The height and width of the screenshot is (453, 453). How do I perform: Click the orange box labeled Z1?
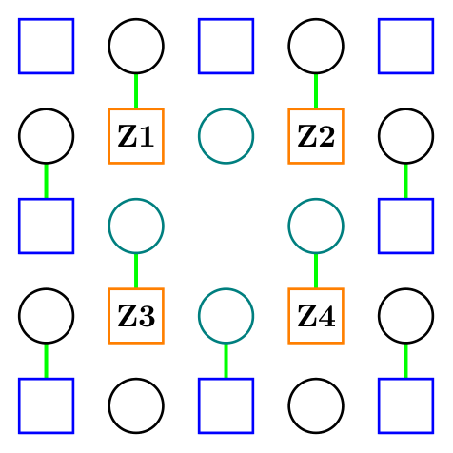tap(136, 136)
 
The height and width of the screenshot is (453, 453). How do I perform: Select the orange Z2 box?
tap(316, 136)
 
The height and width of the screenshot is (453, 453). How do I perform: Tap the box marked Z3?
tap(136, 315)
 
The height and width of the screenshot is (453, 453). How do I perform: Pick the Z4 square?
tap(316, 315)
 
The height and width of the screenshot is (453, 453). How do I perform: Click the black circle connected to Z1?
tap(136, 46)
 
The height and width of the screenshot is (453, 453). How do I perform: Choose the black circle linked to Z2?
tap(316, 46)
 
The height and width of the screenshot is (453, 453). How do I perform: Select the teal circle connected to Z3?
tap(136, 226)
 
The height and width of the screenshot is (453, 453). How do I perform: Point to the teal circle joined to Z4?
tap(316, 226)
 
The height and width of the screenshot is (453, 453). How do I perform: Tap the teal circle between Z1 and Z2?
tap(226, 136)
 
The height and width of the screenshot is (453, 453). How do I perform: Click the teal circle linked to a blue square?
tap(226, 315)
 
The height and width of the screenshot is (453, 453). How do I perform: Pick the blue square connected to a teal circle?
tap(226, 405)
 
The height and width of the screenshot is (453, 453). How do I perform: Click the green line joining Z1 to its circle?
tap(136, 90)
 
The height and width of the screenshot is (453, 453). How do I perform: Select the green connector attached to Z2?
tap(316, 90)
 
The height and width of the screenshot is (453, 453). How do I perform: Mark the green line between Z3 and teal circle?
tap(136, 270)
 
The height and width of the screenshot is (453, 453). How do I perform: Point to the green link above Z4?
tap(316, 270)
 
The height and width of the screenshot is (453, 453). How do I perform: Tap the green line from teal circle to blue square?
tap(226, 360)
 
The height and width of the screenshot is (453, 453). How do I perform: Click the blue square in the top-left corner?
tap(47, 46)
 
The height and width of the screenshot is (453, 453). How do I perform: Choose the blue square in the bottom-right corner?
tap(405, 405)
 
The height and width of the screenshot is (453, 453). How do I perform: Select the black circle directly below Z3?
tap(136, 405)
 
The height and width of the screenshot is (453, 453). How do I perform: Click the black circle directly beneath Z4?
tap(316, 405)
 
